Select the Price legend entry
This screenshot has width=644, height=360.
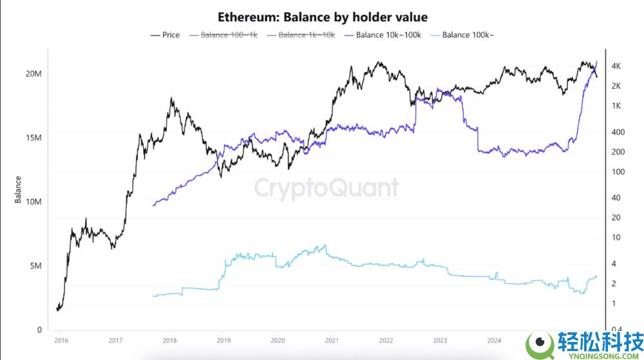click(x=165, y=35)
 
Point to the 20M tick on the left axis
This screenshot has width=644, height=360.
click(x=33, y=73)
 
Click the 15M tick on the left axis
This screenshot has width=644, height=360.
click(x=33, y=138)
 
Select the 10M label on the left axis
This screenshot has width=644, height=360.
click(x=33, y=202)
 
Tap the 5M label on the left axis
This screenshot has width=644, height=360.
click(x=35, y=266)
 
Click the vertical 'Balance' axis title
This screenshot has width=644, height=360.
click(x=18, y=189)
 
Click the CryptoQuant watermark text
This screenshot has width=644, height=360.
click(x=326, y=188)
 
